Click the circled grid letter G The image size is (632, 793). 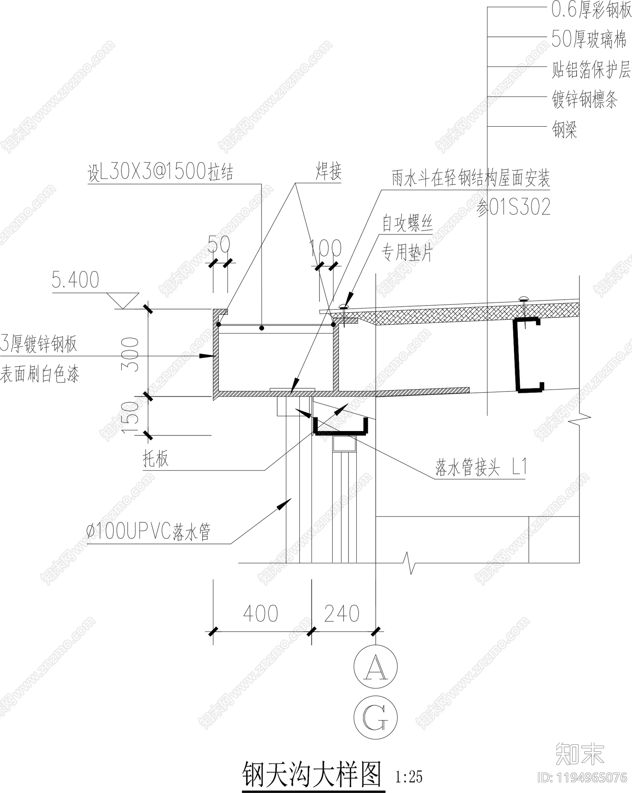click(376, 717)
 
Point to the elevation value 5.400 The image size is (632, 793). click(75, 280)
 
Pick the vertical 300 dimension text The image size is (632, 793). click(131, 354)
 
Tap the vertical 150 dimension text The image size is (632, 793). click(131, 417)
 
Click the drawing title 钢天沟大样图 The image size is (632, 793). click(312, 774)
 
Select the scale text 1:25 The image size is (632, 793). click(409, 777)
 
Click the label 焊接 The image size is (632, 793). click(328, 172)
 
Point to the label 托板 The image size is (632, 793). click(156, 459)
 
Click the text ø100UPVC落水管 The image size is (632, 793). click(149, 532)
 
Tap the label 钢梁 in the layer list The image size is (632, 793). click(564, 129)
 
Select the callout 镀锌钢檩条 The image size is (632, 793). click(585, 99)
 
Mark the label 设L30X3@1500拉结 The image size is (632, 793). click(160, 172)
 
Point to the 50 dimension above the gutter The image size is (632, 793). click(219, 244)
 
